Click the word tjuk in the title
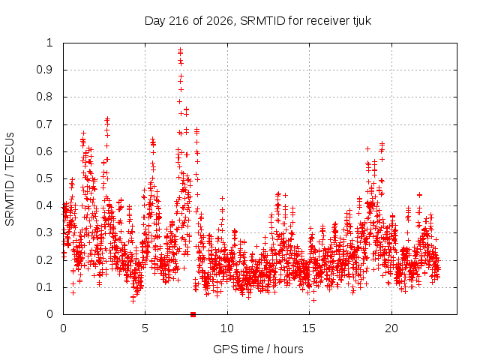[x=361, y=21]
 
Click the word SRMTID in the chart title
[x=262, y=21]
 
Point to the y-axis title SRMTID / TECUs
[x=10, y=179]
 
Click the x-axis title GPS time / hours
[x=258, y=349]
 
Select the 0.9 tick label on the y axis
[x=45, y=70]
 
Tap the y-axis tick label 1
[x=50, y=43]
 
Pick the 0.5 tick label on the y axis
[x=45, y=178]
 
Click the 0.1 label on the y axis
[x=45, y=287]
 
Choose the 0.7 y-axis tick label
[x=45, y=124]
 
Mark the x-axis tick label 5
[x=145, y=328]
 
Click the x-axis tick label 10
[x=227, y=328]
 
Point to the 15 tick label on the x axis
[x=309, y=328]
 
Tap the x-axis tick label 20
[x=391, y=328]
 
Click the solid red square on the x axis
[x=193, y=314]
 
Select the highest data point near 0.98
[x=180, y=49]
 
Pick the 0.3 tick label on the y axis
[x=45, y=232]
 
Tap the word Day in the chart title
[x=155, y=21]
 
